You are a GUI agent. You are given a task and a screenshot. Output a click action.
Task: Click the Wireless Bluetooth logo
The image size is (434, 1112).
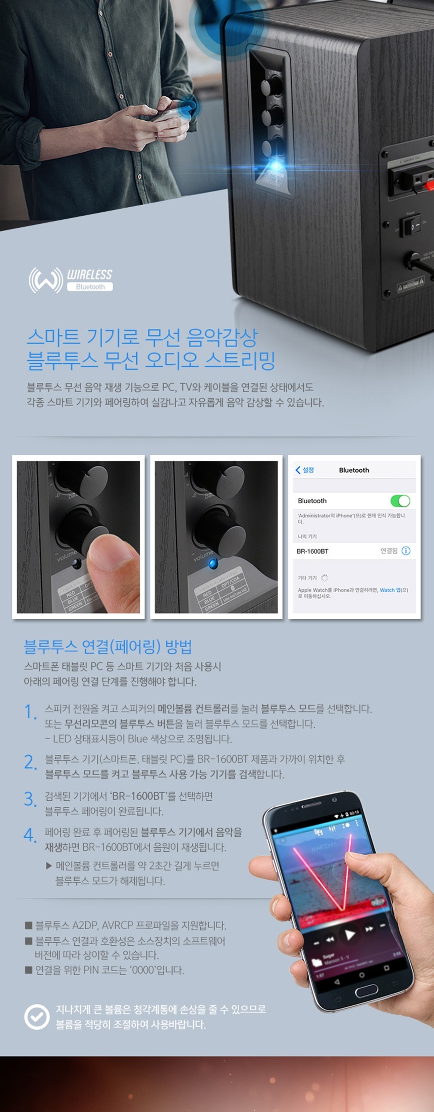click(71, 280)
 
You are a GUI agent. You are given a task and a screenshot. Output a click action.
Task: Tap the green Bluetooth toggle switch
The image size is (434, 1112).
click(400, 501)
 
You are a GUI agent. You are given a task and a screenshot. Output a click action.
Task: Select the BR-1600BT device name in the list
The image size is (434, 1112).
click(312, 551)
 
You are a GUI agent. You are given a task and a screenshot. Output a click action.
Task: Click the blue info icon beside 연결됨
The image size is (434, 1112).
click(406, 551)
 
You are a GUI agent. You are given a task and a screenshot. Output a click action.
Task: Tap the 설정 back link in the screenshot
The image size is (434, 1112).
click(305, 470)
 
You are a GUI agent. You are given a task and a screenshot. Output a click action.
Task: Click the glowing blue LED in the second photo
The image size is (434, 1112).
click(212, 563)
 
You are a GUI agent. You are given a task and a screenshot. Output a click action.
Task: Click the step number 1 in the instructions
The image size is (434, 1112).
click(30, 712)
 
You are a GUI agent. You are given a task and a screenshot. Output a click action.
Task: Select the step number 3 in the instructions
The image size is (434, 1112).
click(30, 799)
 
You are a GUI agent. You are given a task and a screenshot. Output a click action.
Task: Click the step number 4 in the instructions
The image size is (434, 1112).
click(30, 835)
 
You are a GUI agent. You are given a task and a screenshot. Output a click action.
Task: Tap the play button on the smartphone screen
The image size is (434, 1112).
click(349, 934)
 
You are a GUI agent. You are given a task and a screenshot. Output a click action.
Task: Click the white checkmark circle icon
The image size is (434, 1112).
click(37, 1017)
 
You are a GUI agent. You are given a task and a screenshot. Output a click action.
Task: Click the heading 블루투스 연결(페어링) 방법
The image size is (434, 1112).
click(107, 646)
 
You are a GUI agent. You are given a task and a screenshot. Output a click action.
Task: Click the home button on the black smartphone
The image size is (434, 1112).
click(365, 990)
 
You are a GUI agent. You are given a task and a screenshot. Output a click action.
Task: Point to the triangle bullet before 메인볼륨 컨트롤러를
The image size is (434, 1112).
click(49, 866)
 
